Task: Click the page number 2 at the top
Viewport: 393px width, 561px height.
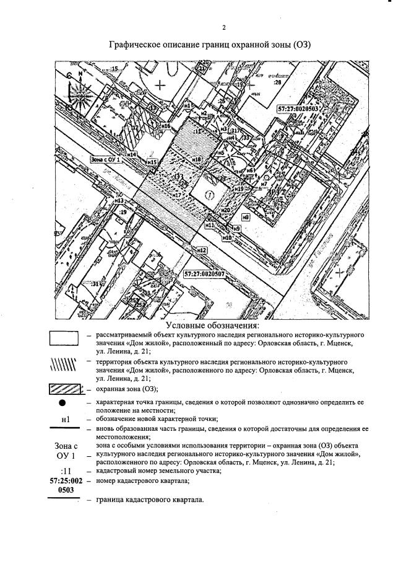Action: click(x=224, y=27)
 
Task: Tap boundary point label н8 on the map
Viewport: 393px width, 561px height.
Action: click(x=246, y=217)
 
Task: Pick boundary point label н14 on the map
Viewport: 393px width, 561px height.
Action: click(x=131, y=154)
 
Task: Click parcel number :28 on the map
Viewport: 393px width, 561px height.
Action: click(x=277, y=81)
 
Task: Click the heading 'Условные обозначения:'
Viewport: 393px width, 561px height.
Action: click(x=212, y=326)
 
